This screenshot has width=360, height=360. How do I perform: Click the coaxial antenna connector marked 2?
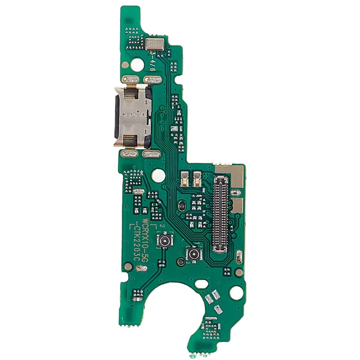tap(165, 242)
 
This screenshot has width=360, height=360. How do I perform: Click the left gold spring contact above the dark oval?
tap(184, 178)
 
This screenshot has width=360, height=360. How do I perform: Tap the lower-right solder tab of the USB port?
tap(149, 154)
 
